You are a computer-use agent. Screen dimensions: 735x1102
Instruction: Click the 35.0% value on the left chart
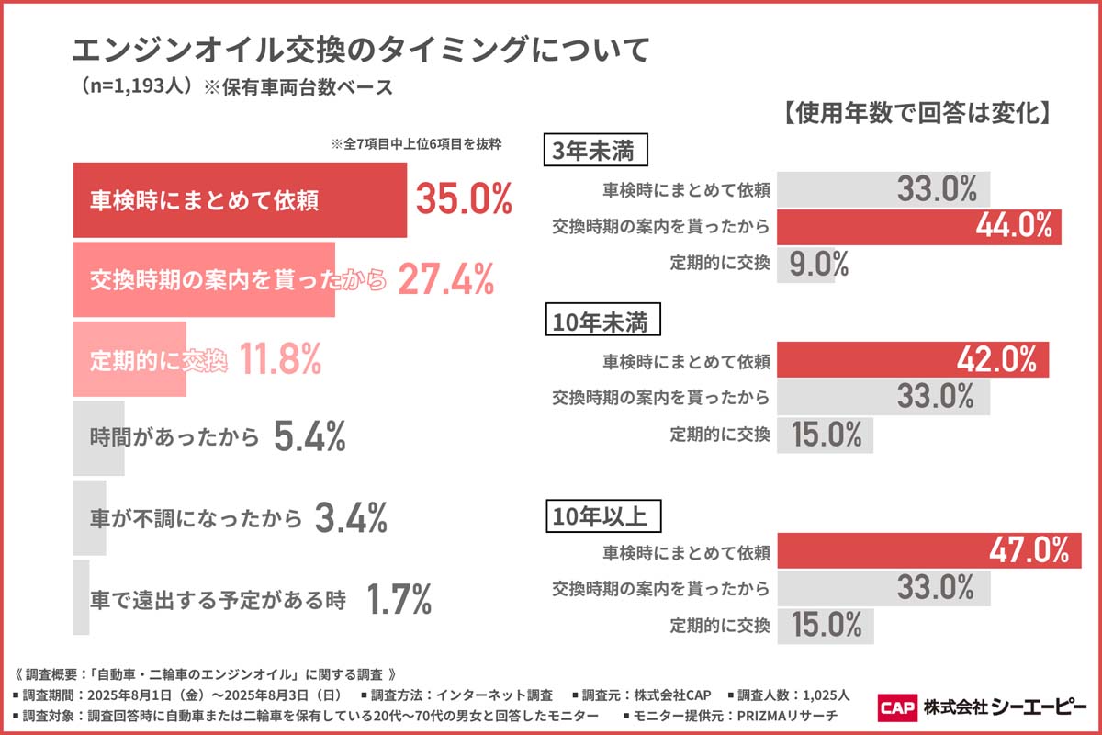pos(463,199)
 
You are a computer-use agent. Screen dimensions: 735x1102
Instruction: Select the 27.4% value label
pos(446,279)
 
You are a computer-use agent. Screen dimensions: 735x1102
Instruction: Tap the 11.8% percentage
pos(280,359)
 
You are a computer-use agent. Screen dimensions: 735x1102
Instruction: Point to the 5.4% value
pos(309,438)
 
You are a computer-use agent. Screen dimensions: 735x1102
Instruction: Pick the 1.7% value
pos(399,600)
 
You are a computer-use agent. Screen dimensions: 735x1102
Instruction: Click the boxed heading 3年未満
pos(596,152)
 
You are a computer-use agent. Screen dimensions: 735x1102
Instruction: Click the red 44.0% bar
pos(919,227)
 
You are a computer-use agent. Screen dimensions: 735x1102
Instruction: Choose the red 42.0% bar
pos(913,359)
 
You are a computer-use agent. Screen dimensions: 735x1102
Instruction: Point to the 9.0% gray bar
pos(806,265)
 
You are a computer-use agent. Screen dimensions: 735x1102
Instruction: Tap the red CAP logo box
pos(897,707)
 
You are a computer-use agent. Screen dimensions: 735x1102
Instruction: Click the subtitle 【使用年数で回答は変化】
pos(918,112)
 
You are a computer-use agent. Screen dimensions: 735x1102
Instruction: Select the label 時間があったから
pos(175,438)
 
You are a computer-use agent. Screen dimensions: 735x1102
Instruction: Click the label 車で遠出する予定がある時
pos(219,601)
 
